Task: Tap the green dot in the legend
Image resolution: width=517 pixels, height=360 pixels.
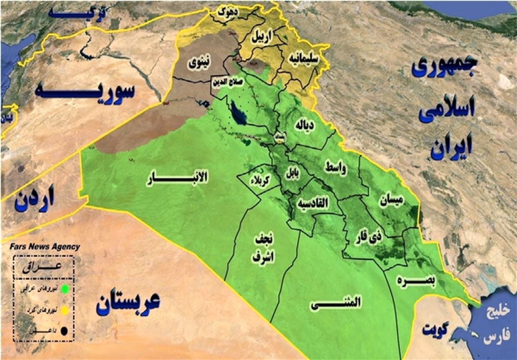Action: click(x=65, y=288)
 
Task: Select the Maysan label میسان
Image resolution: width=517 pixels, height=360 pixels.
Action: click(x=391, y=200)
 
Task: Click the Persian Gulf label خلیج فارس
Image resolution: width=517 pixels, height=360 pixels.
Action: click(x=498, y=325)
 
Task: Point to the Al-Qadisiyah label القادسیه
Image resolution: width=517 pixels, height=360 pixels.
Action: click(x=316, y=203)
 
